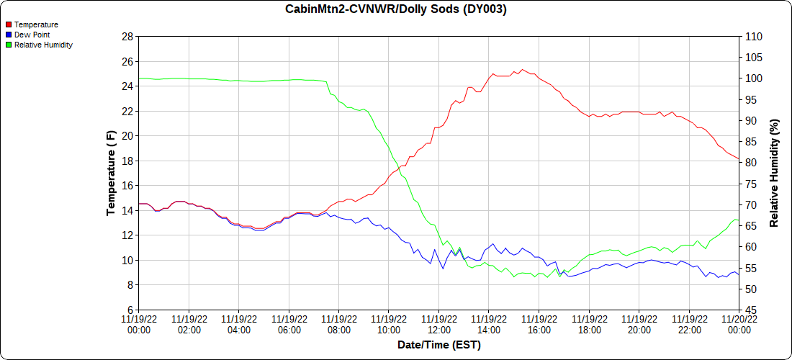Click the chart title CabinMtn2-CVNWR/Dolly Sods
pyautogui.click(x=395, y=9)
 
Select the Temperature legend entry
pyautogui.click(x=36, y=24)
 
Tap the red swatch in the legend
pyautogui.click(x=8, y=24)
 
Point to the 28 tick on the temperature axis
pyautogui.click(x=127, y=37)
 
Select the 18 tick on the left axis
pyautogui.click(x=127, y=161)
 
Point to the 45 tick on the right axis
pyautogui.click(x=750, y=310)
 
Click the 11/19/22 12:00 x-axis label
pyautogui.click(x=438, y=324)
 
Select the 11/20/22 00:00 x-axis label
pyautogui.click(x=739, y=324)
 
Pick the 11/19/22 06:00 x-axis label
pyautogui.click(x=289, y=324)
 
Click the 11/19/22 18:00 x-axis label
pyautogui.click(x=589, y=324)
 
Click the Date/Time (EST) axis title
pyautogui.click(x=438, y=345)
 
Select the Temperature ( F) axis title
pyautogui.click(x=111, y=173)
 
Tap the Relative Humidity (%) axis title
pyautogui.click(x=775, y=173)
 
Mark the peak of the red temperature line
pyautogui.click(x=523, y=70)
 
